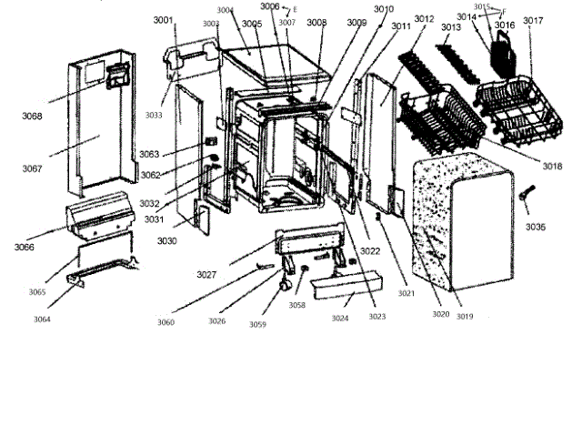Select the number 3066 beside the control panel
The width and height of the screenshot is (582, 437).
pos(25,247)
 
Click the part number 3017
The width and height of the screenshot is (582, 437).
pos(534,20)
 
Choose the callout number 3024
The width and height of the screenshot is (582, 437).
pos(339,319)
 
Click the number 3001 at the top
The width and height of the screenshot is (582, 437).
pos(165,19)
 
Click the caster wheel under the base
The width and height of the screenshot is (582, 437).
pos(284,285)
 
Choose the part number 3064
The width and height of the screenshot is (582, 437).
pos(42,319)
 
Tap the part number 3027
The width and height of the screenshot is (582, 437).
pos(206,274)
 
